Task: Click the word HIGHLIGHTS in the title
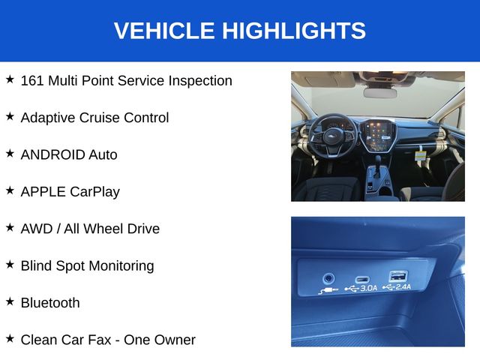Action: tap(294, 31)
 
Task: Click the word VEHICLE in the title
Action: tap(164, 31)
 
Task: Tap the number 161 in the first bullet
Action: tap(32, 81)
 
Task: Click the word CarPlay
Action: tap(95, 192)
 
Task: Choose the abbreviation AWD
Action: tap(37, 229)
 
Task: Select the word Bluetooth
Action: tap(50, 303)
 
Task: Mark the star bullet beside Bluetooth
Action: tap(10, 301)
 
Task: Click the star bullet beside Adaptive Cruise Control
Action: tap(10, 116)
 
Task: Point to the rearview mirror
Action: tap(380, 93)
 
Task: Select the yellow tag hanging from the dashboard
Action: tap(420, 155)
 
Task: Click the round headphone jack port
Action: tap(328, 278)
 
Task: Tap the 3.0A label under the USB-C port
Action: tap(368, 288)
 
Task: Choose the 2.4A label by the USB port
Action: tap(403, 286)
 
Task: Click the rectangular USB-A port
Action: tap(398, 276)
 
